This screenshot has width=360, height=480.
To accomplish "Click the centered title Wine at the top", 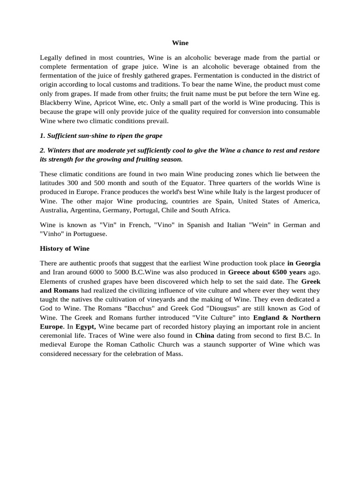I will point(180,43).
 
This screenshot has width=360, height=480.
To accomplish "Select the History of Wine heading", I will point(65,248).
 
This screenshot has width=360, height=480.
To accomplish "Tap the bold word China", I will point(204,335).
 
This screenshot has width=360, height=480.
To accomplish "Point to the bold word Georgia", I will point(307,263).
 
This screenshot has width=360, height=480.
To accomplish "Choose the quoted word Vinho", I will point(53,234).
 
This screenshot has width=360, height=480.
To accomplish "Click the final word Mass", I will point(173,353).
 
